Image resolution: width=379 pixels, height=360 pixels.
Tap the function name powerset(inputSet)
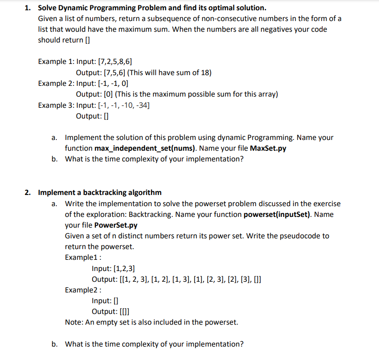[277, 214]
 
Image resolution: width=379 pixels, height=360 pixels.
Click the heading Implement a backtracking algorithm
[100, 193]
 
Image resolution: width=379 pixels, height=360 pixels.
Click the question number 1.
[27, 8]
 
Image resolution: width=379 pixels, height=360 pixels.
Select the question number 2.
[27, 193]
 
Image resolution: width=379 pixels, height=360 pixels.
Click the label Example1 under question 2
[82, 257]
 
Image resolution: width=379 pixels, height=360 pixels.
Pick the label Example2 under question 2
[82, 290]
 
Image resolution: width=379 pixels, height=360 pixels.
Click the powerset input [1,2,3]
[125, 268]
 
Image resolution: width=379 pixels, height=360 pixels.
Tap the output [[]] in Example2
[125, 312]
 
